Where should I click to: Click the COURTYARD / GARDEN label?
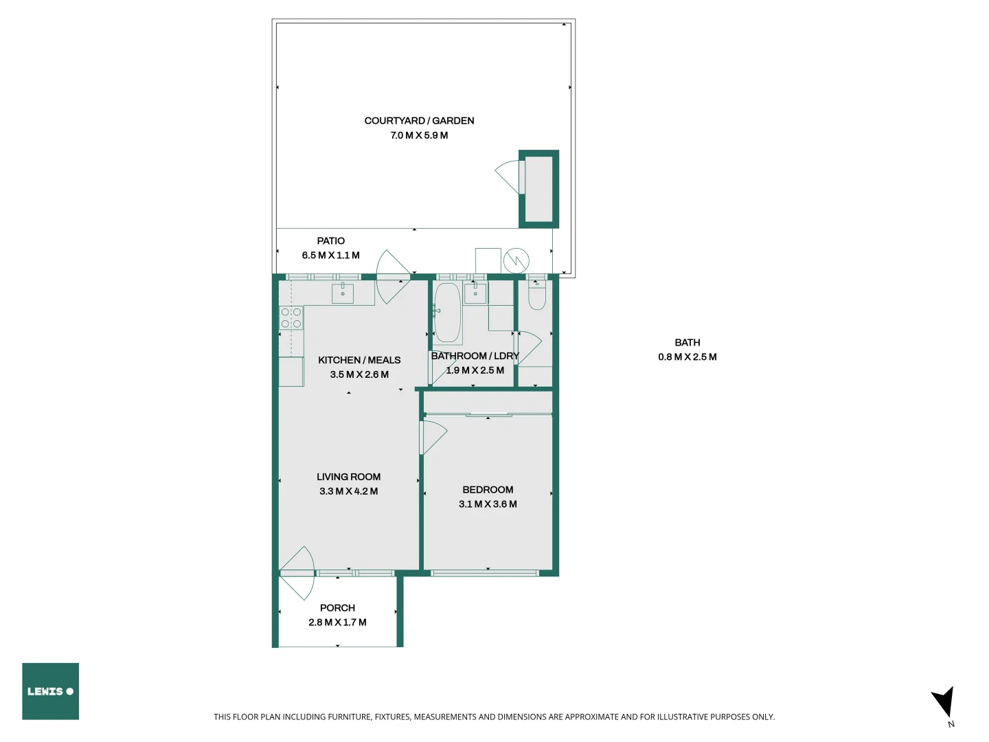419,121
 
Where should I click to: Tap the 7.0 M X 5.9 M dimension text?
419,135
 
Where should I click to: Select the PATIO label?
330,241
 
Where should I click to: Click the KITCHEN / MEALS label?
359,360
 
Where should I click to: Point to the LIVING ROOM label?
348,477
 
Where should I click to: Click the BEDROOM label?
488,490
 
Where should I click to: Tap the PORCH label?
337,608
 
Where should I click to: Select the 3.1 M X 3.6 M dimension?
488,504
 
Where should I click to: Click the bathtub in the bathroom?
447,313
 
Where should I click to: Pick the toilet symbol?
537,295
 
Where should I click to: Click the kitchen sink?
343,293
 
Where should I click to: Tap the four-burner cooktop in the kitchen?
291,318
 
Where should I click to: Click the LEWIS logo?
50,691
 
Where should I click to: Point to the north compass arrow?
944,702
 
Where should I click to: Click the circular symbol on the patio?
516,260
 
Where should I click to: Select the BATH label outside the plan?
687,343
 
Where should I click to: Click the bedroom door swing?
433,437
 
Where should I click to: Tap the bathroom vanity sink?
475,293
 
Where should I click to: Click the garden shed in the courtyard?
538,189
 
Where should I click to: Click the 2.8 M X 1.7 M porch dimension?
337,622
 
